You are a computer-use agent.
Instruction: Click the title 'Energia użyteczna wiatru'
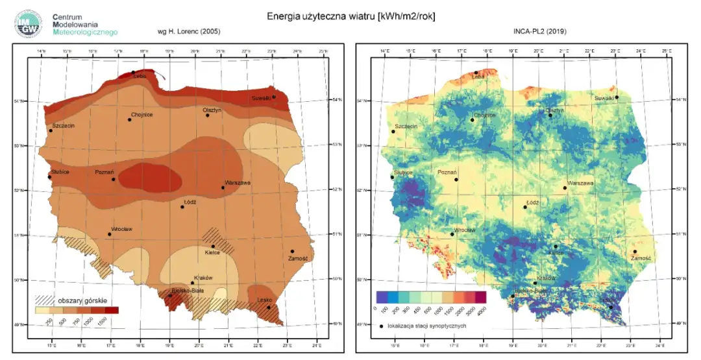[350, 16]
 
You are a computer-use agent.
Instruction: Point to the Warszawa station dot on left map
[223, 187]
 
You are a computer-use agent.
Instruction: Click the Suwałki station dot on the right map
[617, 97]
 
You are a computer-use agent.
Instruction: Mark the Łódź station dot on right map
[525, 207]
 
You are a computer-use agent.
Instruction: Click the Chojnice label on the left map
[141, 115]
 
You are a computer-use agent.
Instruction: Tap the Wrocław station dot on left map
[109, 234]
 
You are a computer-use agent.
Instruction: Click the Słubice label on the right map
[403, 173]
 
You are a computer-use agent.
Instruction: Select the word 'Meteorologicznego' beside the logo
[85, 31]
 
